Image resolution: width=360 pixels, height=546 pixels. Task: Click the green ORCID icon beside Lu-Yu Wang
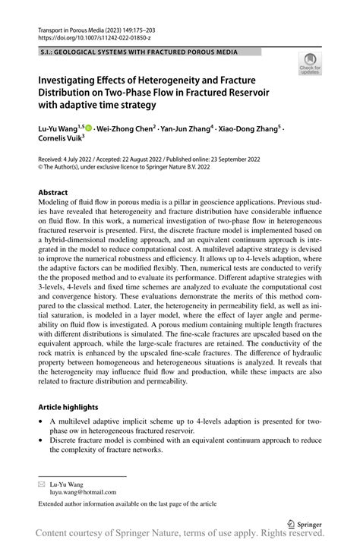point(92,129)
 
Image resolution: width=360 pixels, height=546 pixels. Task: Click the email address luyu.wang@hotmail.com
point(88,492)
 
